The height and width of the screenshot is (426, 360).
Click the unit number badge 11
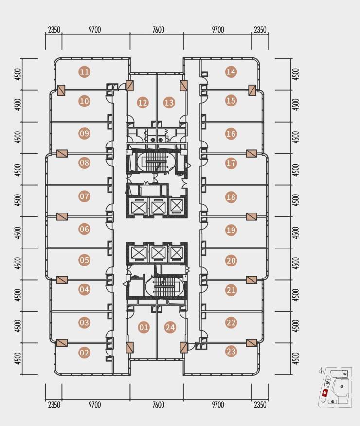coord(84,72)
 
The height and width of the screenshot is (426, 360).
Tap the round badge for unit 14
coord(231,72)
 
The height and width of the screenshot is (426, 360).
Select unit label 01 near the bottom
coord(144,327)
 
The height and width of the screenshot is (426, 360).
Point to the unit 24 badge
coord(170,327)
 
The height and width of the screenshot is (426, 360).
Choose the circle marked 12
coord(143,103)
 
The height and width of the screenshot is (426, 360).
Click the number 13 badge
coord(169,103)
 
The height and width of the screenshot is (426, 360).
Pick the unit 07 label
coord(84,196)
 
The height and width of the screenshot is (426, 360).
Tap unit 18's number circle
coord(231,197)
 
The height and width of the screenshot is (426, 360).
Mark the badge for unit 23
coord(231,351)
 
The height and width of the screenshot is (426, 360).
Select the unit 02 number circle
coord(84,353)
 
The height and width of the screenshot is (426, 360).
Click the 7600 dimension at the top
coord(158,29)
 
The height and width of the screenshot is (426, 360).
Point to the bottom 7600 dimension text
coord(158,405)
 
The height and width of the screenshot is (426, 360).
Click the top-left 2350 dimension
coord(54,29)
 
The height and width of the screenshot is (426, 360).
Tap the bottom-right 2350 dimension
coord(260,405)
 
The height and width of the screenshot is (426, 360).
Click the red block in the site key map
coord(324,393)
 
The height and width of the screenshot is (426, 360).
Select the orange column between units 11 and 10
coord(61,90)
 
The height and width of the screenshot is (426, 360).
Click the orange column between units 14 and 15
coord(252,90)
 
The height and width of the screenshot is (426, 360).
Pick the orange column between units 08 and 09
coord(62,154)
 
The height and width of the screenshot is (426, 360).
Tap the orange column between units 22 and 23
coord(252,343)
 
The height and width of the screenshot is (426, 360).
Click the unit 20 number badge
coord(231,261)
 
